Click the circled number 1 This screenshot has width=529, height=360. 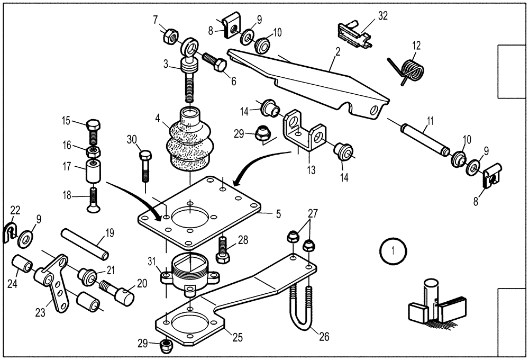[392, 248]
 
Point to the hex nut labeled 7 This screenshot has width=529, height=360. [170, 37]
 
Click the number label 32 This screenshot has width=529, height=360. [382, 16]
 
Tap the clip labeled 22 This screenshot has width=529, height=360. [10, 231]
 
